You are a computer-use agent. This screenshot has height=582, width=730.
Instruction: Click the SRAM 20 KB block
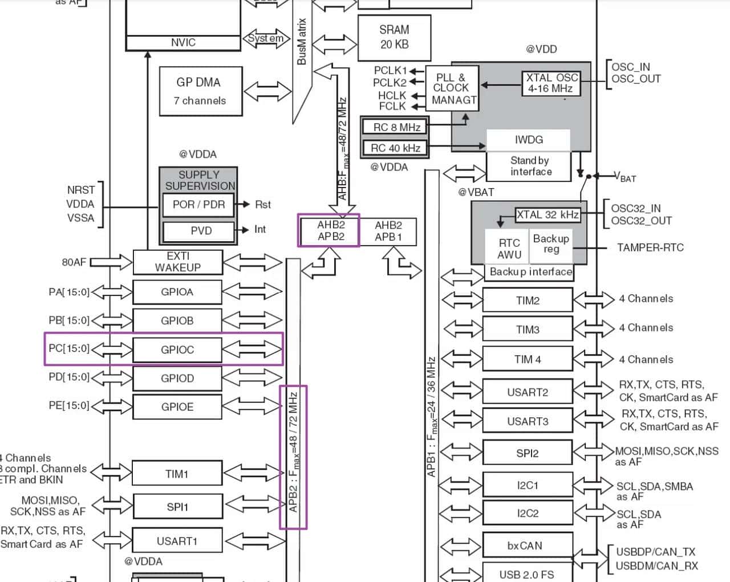click(x=394, y=38)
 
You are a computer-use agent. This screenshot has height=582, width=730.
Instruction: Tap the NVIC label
click(x=183, y=43)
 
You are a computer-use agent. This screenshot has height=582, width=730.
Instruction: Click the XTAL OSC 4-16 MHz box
click(x=551, y=83)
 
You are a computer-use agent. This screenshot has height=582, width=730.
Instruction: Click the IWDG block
click(x=528, y=140)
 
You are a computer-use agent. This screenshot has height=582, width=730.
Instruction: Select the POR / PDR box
click(x=198, y=205)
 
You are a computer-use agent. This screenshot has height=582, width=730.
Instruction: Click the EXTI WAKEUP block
click(x=177, y=262)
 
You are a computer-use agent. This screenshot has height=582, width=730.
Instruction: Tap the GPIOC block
click(x=177, y=349)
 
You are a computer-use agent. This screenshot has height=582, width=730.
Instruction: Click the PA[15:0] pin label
click(x=69, y=292)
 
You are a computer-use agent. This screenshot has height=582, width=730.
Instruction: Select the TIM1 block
click(x=177, y=474)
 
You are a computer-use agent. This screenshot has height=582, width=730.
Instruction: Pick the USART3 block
click(x=528, y=421)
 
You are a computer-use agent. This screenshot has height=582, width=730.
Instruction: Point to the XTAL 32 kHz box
click(x=547, y=215)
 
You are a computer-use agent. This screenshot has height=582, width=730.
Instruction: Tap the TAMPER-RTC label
click(x=650, y=247)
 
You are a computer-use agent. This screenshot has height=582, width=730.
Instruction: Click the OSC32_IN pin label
click(x=636, y=208)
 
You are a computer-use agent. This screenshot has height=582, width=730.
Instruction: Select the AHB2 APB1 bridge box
click(x=388, y=231)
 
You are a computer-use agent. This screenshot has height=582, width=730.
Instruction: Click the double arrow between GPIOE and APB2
click(x=252, y=406)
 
